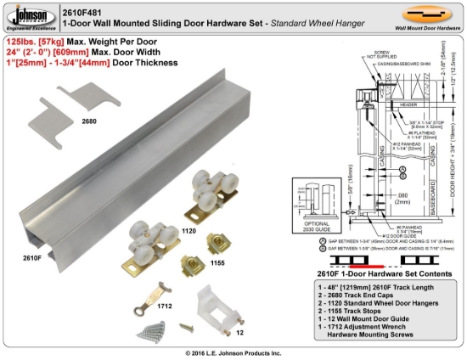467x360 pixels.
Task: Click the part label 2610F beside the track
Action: click(32, 257)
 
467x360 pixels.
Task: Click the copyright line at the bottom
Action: click(233, 352)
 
